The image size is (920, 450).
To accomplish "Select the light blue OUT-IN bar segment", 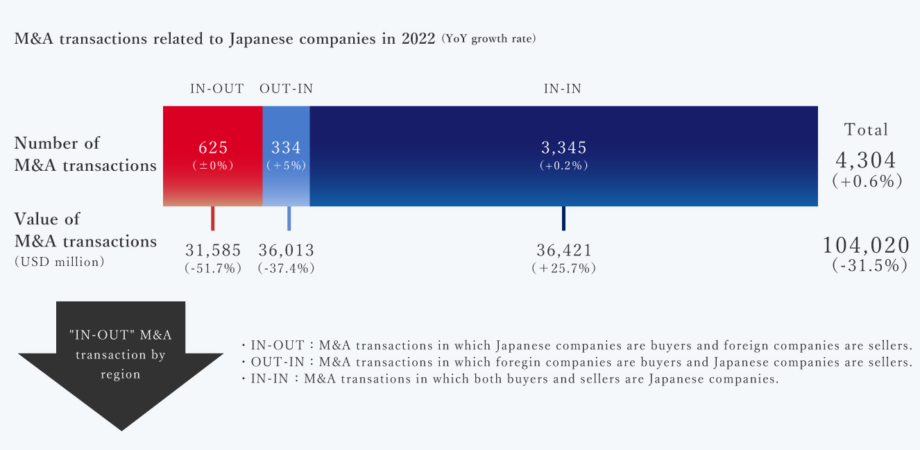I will click(286, 187).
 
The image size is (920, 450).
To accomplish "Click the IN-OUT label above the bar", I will click(217, 89).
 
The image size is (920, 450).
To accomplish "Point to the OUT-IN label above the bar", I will click(286, 89).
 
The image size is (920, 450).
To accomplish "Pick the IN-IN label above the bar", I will click(563, 89).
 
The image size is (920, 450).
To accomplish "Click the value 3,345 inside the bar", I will click(563, 148).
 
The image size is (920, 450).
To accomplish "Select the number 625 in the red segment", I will click(213, 148).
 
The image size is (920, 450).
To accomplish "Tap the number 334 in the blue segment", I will click(286, 148).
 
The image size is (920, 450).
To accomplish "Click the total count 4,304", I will click(866, 160).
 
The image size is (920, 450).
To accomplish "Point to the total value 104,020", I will click(866, 245).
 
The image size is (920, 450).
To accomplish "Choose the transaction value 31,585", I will click(213, 250).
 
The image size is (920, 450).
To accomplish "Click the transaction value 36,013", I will click(286, 250).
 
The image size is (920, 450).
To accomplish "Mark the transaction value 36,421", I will click(563, 250).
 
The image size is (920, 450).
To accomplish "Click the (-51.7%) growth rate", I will click(213, 268).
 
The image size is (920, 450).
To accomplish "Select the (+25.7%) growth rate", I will click(563, 268).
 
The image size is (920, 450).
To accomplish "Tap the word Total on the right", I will click(866, 130).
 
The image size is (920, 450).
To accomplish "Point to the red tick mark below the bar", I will click(213, 218).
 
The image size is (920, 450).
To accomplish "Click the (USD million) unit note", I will click(60, 262).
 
